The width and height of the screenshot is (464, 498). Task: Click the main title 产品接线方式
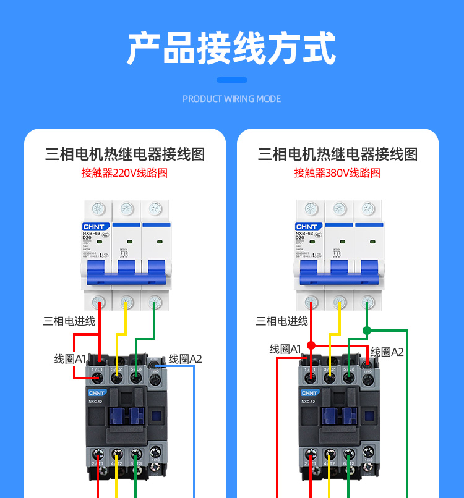(x=231, y=48)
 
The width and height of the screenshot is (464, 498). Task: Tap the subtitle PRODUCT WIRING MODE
(x=231, y=99)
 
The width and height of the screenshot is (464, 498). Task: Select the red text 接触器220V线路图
(x=124, y=173)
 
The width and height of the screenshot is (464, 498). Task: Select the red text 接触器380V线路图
(x=337, y=173)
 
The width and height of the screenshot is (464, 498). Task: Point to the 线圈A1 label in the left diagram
(x=70, y=358)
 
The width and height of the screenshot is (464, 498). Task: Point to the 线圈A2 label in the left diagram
(x=185, y=358)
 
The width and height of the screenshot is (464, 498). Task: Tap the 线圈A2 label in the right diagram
(x=387, y=352)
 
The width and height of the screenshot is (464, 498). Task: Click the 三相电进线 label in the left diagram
(x=69, y=321)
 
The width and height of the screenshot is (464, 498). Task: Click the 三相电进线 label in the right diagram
(x=282, y=321)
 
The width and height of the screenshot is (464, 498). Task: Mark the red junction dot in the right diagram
(x=311, y=345)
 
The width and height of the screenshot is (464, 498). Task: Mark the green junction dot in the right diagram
(x=367, y=330)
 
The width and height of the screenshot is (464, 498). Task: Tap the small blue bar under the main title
(x=232, y=80)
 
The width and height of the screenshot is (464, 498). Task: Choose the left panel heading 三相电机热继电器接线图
(x=124, y=154)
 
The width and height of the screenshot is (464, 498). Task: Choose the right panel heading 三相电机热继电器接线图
(x=337, y=154)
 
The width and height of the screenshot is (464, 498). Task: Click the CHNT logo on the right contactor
(x=310, y=392)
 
